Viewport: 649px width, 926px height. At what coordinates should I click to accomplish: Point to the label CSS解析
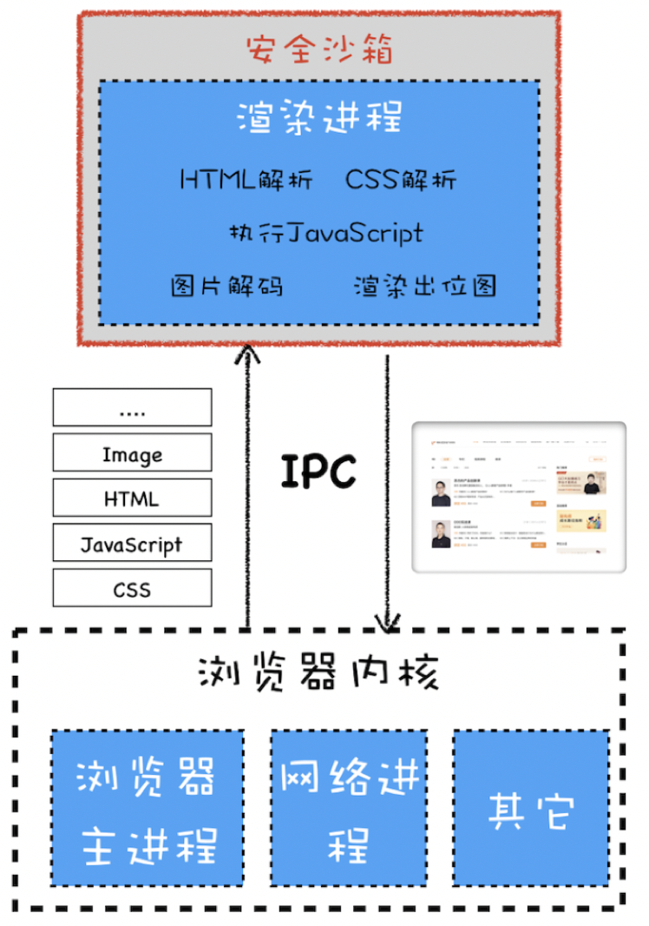401,180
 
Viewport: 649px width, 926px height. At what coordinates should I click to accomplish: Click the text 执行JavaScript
325,233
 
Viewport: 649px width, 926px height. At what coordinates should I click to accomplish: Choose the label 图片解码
226,286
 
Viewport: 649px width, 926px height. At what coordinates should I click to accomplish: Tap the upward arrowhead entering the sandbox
249,353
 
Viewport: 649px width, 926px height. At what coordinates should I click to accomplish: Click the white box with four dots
132,407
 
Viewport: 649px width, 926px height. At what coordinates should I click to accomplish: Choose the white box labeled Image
132,453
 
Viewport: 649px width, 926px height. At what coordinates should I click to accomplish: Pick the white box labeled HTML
132,498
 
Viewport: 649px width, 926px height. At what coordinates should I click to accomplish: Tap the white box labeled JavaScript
132,543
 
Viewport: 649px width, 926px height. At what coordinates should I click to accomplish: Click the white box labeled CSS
132,588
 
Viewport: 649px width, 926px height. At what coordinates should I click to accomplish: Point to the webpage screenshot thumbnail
519,498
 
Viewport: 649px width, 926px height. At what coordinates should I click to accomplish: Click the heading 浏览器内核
318,672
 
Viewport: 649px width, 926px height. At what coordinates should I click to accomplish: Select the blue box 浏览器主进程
147,808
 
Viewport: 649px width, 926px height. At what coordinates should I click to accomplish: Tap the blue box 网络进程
349,808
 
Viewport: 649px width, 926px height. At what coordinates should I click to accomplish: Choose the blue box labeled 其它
530,808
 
